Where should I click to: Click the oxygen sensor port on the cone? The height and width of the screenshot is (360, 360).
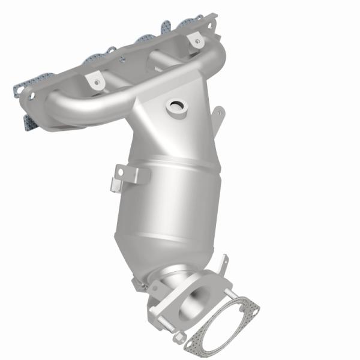(178, 108)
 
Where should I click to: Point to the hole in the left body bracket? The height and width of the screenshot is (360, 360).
(120, 172)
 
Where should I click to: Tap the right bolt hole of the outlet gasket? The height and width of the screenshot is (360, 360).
(256, 311)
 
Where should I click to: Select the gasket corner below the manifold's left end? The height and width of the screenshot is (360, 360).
(27, 124)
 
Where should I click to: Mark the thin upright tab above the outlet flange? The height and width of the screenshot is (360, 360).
(224, 262)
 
